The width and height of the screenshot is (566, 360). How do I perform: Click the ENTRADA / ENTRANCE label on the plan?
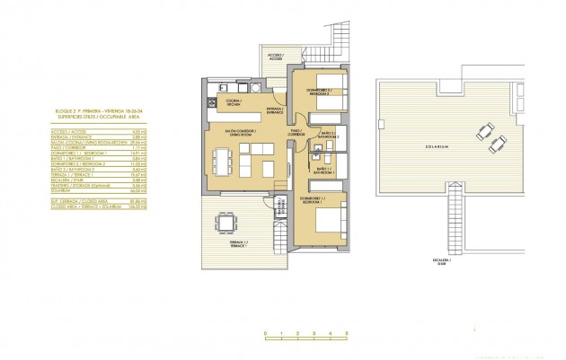[x=274, y=111]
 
